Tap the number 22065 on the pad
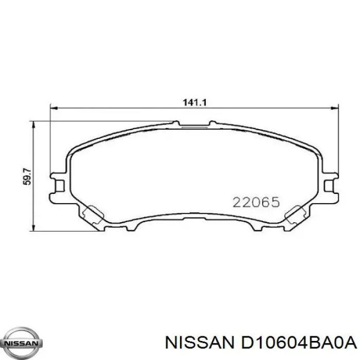[x=256, y=202]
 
